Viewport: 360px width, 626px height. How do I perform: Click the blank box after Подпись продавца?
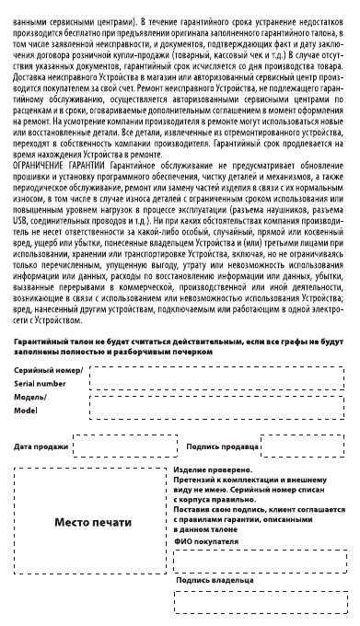pos(302,446)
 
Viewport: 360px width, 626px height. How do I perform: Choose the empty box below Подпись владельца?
pos(261,603)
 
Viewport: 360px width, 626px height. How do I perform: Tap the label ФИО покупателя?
pos(205,542)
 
